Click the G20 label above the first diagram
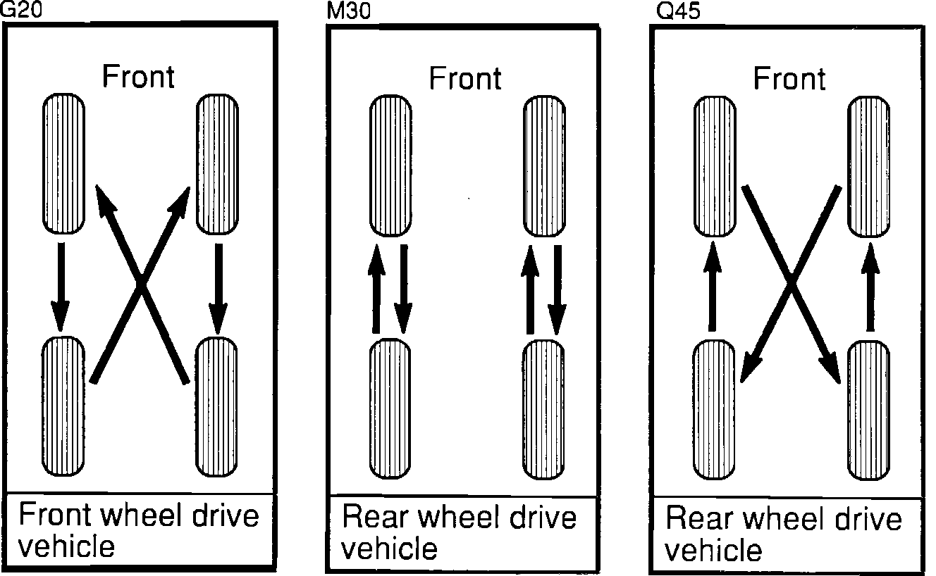17,10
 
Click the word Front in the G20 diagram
139,76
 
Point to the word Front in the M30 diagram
466,78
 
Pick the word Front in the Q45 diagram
789,77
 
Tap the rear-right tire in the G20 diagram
216,407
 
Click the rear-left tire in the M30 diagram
390,408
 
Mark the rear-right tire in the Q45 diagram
868,410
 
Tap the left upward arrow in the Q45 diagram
713,284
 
